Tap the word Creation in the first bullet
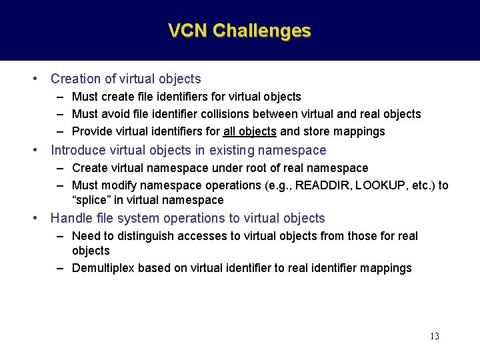pos(75,79)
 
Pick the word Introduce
pos(77,150)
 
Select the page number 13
pos(434,336)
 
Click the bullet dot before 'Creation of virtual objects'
pos(35,79)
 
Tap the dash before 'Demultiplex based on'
pos(60,268)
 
